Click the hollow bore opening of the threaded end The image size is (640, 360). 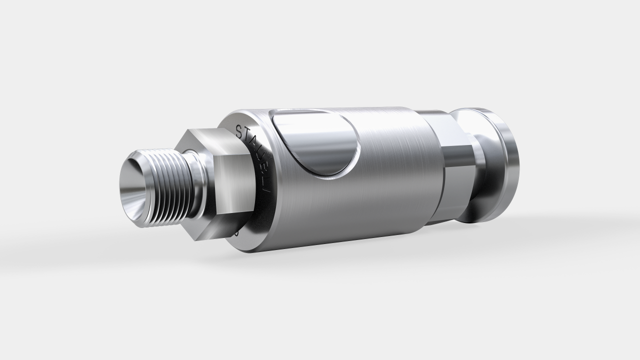(x=134, y=192)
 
